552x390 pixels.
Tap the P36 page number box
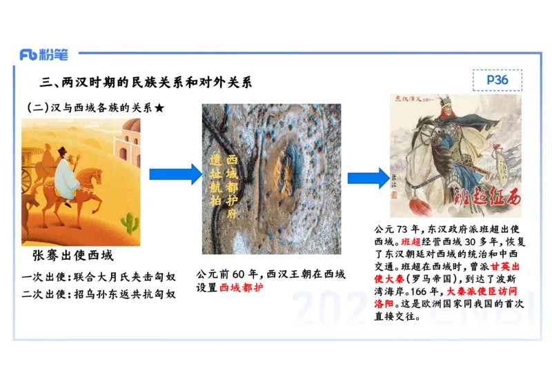[x=497, y=81]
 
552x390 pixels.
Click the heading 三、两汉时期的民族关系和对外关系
[x=146, y=83]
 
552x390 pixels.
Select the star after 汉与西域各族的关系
[x=159, y=108]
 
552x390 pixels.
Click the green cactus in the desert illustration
[x=128, y=222]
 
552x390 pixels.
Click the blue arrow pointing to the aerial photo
[x=175, y=175]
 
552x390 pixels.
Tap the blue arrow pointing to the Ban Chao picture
[x=368, y=178]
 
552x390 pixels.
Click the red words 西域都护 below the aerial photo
[x=242, y=287]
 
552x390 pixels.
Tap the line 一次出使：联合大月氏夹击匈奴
[x=98, y=277]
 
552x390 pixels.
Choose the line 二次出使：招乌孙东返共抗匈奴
[x=98, y=294]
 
